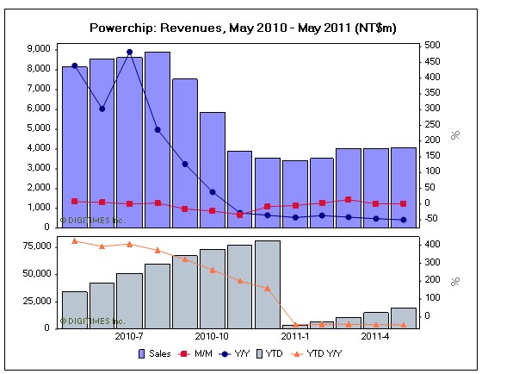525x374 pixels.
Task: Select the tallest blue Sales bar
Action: tap(157, 138)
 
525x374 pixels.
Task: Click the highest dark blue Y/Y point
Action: tap(129, 52)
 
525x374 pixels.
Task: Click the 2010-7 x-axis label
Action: tap(129, 336)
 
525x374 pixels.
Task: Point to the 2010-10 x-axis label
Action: tap(212, 336)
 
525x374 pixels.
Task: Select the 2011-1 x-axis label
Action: tap(294, 336)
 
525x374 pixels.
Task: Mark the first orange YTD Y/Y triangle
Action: tap(74, 241)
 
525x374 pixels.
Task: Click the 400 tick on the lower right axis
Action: tap(433, 245)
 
